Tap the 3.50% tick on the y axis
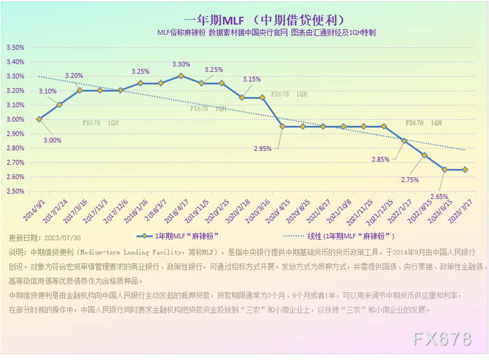[15, 48]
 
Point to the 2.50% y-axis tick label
[15, 191]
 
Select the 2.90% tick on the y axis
[15, 134]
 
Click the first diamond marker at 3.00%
[39, 119]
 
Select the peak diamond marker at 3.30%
[181, 75]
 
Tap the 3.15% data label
[251, 79]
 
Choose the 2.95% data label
[263, 149]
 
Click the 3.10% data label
[48, 91]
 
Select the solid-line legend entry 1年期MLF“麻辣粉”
[182, 236]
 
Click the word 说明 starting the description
[17, 252]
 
